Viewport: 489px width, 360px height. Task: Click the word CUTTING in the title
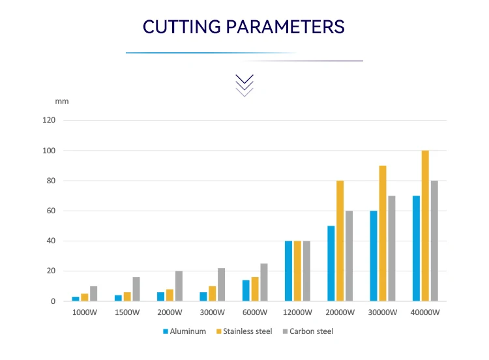coord(182,27)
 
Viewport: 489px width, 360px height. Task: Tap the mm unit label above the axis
coord(61,101)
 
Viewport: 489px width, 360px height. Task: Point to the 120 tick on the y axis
coord(50,121)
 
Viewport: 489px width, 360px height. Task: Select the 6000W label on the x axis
coord(255,312)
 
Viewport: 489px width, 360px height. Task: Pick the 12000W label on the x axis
coord(297,312)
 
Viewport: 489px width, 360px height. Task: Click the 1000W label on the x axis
coord(84,312)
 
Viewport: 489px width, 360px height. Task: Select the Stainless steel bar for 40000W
coord(425,226)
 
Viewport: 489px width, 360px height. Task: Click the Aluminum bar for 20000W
coord(331,263)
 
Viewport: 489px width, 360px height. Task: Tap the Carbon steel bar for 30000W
coord(391,248)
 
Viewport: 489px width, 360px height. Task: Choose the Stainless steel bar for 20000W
coord(340,241)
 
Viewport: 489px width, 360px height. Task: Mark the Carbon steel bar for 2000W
coord(179,286)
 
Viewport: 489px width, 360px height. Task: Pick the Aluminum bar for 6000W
coord(246,291)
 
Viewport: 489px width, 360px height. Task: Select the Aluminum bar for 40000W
coord(416,248)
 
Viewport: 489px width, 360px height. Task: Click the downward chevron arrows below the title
coord(244,85)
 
